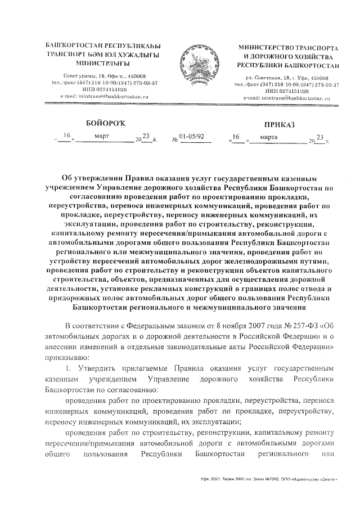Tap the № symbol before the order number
coord(174,137)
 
